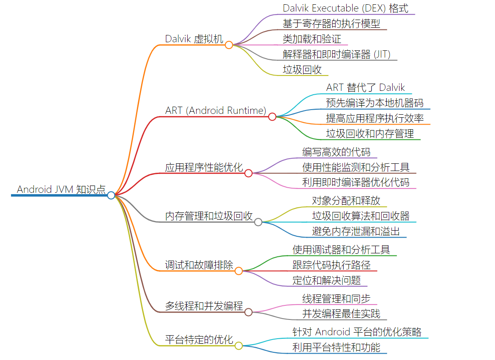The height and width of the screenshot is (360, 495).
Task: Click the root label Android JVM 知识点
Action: pyautogui.click(x=61, y=189)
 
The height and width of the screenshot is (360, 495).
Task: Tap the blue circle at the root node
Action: pyautogui.click(x=111, y=195)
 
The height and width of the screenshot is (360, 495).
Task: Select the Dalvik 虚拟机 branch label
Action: pyautogui.click(x=194, y=39)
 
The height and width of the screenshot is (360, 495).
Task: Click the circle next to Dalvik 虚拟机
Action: pyautogui.click(x=229, y=45)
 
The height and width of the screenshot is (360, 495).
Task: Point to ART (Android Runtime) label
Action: pyautogui.click(x=216, y=110)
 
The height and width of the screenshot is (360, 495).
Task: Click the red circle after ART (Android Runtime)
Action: pyautogui.click(x=272, y=116)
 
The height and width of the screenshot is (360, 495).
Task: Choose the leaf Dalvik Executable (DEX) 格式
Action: pyautogui.click(x=345, y=8)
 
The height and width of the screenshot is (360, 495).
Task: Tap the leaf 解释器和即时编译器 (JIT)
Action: pyautogui.click(x=336, y=54)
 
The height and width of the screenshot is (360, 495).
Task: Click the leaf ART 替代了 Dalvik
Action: pyautogui.click(x=365, y=87)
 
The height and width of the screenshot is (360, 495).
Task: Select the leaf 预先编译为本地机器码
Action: pyautogui.click(x=375, y=103)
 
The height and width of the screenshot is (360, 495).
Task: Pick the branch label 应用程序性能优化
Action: pyautogui.click(x=204, y=167)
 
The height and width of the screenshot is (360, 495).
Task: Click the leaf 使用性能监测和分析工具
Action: pyautogui.click(x=356, y=167)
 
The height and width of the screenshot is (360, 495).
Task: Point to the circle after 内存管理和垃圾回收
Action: pyautogui.click(x=258, y=222)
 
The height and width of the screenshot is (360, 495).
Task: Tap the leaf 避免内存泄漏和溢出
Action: pyautogui.click(x=356, y=232)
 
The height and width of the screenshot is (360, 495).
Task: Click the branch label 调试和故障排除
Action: pyautogui.click(x=199, y=265)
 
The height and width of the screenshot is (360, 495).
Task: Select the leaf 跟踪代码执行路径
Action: pyautogui.click(x=331, y=265)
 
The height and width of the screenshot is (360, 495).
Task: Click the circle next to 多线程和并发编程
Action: pyautogui.click(x=249, y=312)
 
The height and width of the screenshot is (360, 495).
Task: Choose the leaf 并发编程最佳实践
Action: pyautogui.click(x=341, y=314)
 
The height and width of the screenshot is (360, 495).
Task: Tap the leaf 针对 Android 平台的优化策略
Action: pyautogui.click(x=357, y=332)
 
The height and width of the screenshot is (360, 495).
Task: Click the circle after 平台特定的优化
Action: pyautogui.click(x=239, y=345)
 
